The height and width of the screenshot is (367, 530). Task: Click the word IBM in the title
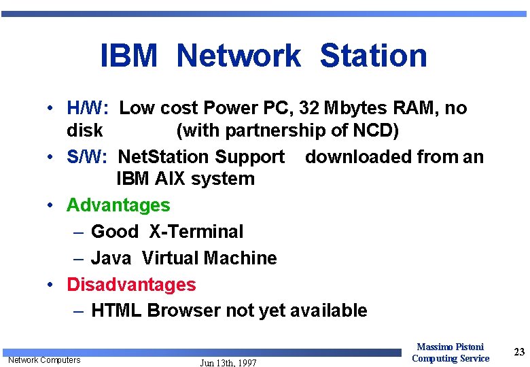coord(128,56)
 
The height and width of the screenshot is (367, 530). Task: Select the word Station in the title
coord(373,56)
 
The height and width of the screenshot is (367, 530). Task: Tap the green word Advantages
coord(118,205)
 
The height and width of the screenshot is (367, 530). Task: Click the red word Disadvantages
coord(131,284)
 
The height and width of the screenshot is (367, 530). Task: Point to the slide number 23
coord(519,351)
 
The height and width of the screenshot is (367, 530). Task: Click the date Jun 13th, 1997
coord(228,363)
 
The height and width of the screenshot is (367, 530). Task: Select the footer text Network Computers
coord(44,360)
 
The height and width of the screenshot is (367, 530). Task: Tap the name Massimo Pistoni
coord(450,347)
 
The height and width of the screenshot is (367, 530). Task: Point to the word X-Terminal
coord(196,232)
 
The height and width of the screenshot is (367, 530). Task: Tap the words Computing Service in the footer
coord(450,358)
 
